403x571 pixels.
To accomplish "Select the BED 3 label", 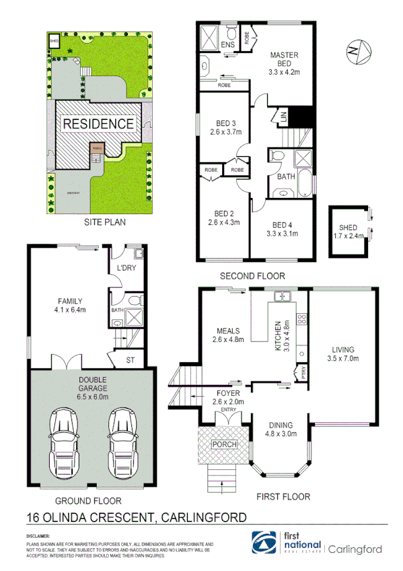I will [x=224, y=123].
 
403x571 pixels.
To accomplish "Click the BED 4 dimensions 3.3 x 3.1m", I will [x=281, y=234].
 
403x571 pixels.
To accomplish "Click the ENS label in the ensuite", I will [x=227, y=45].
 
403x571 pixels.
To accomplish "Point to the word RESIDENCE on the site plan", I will [x=98, y=124].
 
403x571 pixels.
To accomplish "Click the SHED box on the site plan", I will [x=54, y=42].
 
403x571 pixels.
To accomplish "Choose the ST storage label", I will [x=131, y=360].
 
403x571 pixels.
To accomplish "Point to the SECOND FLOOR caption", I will [x=252, y=275].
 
